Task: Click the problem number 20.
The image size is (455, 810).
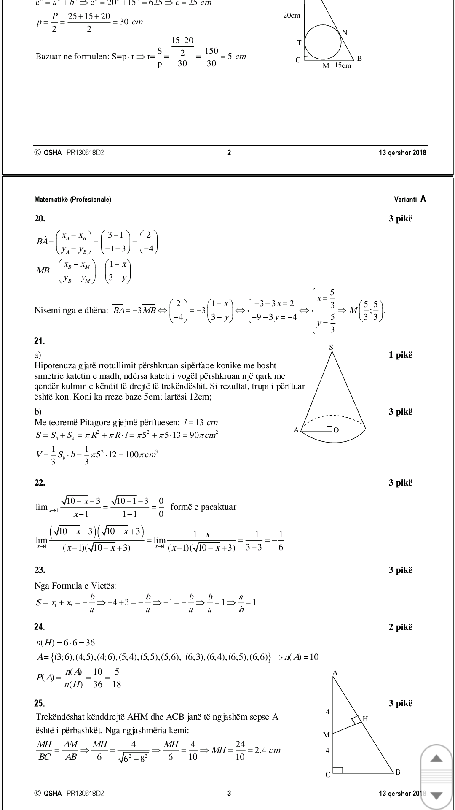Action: pos(40,219)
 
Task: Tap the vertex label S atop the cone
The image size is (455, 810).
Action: pos(331,347)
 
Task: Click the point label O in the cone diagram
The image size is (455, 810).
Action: pos(336,430)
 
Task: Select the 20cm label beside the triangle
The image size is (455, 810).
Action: pos(292,16)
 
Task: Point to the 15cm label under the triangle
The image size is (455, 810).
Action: pos(343,66)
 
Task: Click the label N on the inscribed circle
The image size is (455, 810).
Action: pos(345,33)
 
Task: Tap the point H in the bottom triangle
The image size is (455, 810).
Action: pos(365,719)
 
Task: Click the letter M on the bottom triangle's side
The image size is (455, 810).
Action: pos(326,735)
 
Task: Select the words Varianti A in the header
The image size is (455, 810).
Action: pos(410,199)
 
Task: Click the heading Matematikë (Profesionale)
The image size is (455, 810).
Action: pos(72,200)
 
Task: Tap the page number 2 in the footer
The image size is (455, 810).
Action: pos(229,153)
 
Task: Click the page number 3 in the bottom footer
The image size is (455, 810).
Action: pos(229,794)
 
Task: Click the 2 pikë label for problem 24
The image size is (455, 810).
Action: pos(400,627)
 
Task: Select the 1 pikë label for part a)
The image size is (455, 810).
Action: pos(400,355)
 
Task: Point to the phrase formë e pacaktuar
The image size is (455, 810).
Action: pos(203,507)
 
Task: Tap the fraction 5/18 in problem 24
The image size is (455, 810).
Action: pos(116,678)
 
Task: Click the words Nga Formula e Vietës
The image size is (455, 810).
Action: pos(75,586)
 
